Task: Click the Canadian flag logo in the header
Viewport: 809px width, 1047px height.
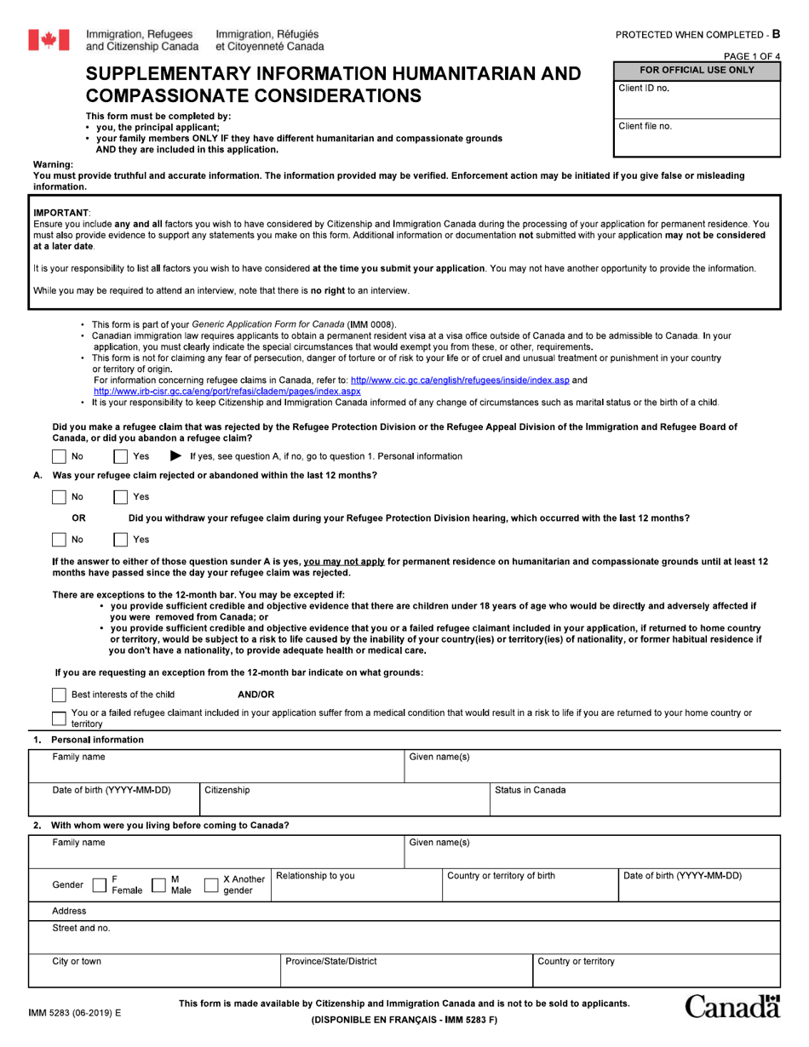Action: tap(49, 39)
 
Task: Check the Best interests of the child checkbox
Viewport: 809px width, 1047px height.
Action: tap(59, 695)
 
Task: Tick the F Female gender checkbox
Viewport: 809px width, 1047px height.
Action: tap(99, 885)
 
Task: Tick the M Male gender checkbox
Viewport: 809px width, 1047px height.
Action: tap(158, 885)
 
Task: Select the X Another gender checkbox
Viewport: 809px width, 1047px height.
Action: tap(211, 885)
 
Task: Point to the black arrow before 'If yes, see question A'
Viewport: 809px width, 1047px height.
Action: tap(176, 456)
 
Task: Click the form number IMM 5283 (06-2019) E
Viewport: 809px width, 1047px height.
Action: tap(75, 1013)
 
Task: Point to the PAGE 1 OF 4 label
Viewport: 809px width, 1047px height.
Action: tap(751, 57)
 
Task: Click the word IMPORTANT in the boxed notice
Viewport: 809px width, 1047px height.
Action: tap(60, 212)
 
